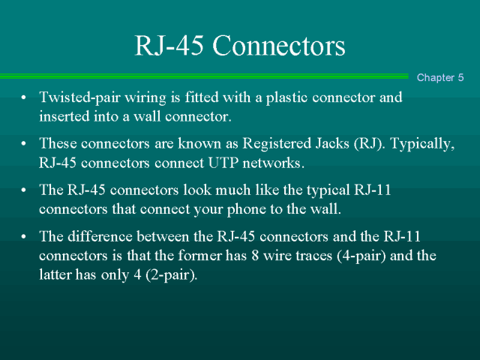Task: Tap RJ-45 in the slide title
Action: [x=170, y=46]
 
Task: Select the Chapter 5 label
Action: [x=440, y=77]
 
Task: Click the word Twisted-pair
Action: [x=73, y=98]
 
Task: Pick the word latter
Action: [x=57, y=274]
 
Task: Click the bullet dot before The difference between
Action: [x=24, y=238]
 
